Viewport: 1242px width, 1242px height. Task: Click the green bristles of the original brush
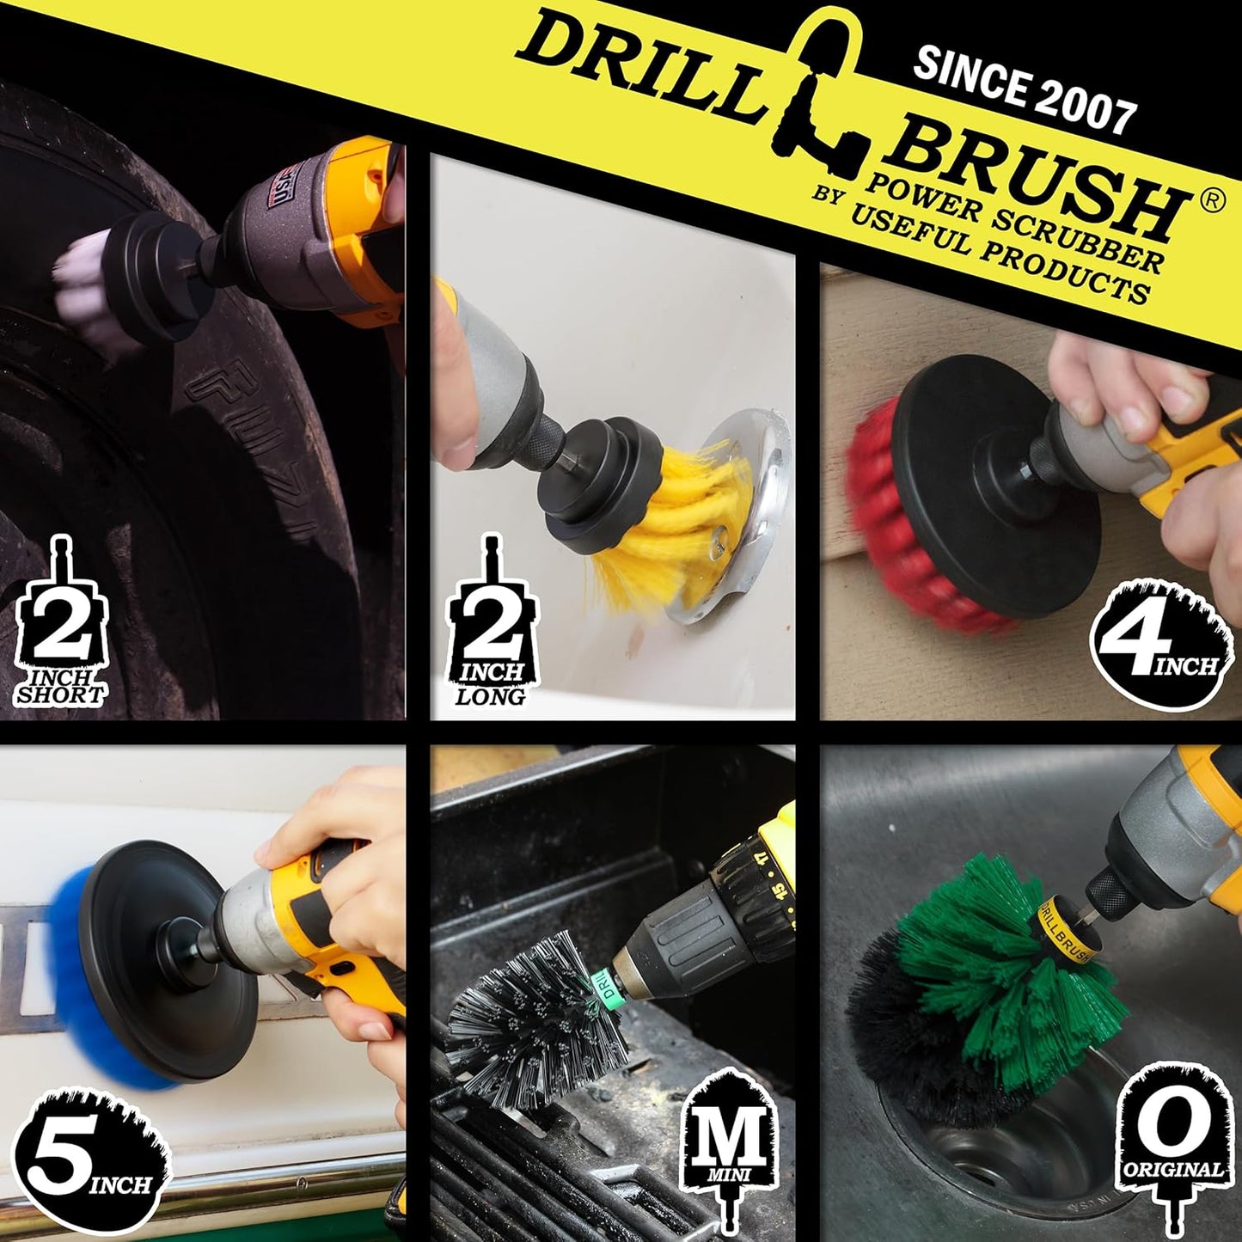coord(988,971)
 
